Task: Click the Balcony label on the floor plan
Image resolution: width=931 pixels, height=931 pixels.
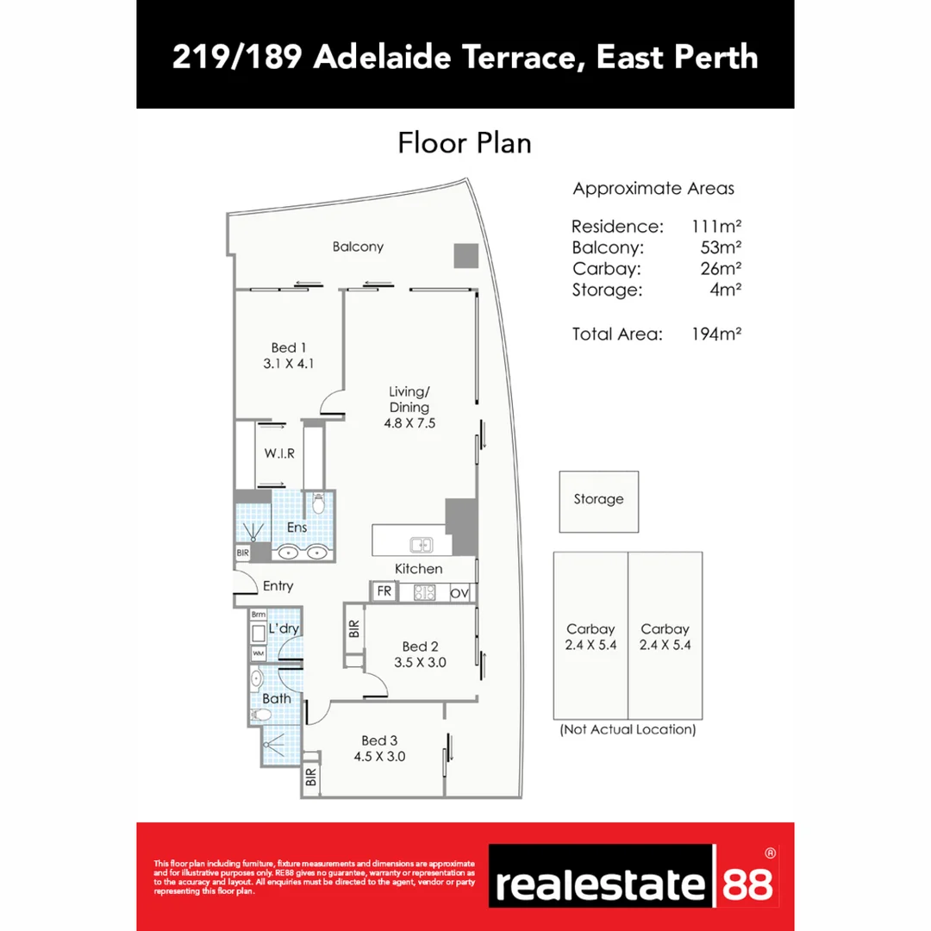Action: point(358,247)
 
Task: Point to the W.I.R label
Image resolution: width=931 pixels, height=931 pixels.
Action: point(279,453)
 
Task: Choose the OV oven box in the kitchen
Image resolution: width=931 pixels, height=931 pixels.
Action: point(459,593)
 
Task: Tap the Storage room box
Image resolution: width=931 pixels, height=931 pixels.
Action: point(598,501)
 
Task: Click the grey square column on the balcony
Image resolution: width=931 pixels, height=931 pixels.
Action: point(465,256)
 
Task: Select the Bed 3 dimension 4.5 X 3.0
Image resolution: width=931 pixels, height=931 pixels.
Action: point(379,757)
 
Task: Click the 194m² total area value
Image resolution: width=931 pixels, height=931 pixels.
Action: point(716,334)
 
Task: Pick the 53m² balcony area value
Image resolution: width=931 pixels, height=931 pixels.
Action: point(722,247)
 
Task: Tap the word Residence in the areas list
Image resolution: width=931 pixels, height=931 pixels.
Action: point(617,227)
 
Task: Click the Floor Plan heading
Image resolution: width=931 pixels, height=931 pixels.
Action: point(464,143)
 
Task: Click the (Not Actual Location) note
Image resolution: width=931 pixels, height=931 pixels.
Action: point(628,729)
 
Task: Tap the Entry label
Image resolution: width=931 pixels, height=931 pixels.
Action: point(278,586)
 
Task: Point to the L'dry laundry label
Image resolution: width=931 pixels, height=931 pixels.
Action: point(284,628)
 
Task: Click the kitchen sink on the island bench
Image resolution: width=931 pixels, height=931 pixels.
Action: point(421,544)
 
